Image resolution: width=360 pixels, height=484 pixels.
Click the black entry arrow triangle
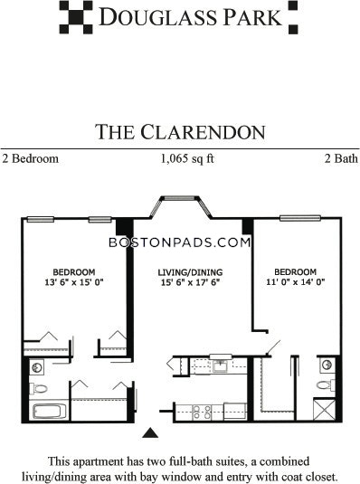[150, 432]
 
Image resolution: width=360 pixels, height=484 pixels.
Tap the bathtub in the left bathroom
[49, 411]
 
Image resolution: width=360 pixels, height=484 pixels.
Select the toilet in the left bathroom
[38, 388]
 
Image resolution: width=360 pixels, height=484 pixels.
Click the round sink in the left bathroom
[37, 367]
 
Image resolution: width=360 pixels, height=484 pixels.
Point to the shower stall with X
[324, 409]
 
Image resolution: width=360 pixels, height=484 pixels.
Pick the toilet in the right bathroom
[326, 384]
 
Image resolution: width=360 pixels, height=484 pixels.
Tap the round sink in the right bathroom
[327, 365]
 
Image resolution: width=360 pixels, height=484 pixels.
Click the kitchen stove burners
[202, 413]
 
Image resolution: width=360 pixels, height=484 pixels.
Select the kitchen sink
[220, 366]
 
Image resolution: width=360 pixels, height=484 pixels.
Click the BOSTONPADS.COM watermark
[180, 242]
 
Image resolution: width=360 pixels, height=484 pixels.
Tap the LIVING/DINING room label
[190, 272]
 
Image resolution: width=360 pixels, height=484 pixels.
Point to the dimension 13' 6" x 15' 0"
[74, 282]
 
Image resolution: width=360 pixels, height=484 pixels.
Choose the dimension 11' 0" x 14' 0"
[296, 282]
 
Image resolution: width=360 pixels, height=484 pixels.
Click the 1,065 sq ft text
[187, 158]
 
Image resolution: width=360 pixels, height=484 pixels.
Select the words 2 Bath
[341, 158]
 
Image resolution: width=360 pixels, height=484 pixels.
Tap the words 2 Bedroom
[30, 158]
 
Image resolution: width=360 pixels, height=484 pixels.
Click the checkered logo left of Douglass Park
[76, 17]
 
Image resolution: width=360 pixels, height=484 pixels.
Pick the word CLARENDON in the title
[203, 132]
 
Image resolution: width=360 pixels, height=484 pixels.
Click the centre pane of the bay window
[181, 198]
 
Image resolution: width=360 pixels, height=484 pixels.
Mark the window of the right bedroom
[300, 218]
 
